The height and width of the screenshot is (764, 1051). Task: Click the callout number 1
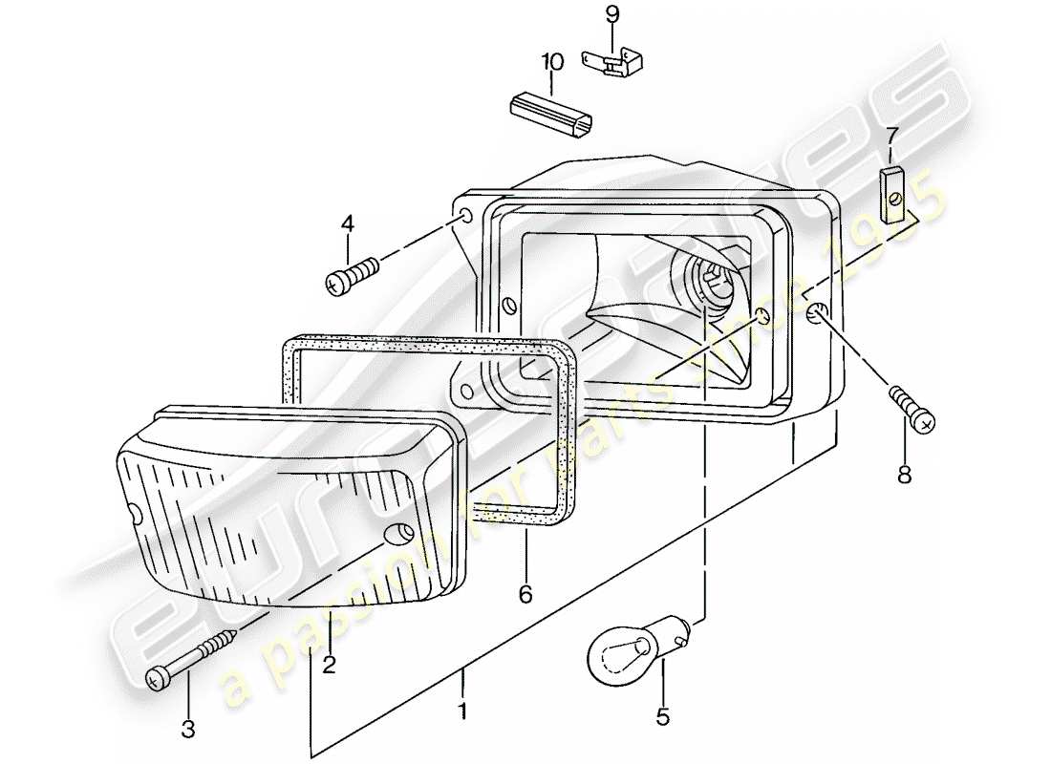coord(463,711)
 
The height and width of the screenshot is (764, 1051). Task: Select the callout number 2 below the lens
coord(329,666)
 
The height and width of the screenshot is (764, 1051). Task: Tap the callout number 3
coord(187,731)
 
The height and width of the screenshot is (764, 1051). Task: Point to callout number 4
coord(347,224)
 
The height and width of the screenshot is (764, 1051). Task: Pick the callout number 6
coord(525,594)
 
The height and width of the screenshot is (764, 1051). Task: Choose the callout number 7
coord(891,136)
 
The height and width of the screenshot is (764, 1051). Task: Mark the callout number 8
coord(904,473)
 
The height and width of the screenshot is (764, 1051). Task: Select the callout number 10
coord(551,63)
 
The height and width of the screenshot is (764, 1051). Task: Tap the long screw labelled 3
coord(196,657)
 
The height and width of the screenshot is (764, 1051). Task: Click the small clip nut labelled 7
coord(892,194)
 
